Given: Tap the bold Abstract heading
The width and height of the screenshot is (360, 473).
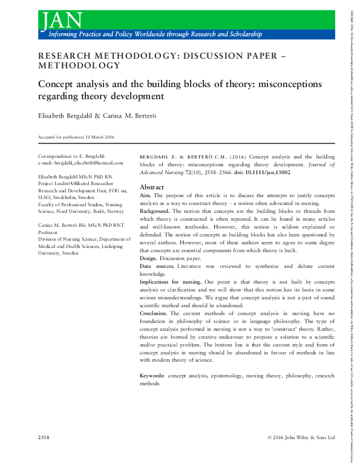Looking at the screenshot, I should click(152, 187).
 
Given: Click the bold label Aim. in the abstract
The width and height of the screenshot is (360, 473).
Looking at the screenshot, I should click(146, 195).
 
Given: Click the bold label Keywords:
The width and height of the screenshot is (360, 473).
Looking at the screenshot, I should click(152, 376).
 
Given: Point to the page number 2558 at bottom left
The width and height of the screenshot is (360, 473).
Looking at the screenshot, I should click(44, 437).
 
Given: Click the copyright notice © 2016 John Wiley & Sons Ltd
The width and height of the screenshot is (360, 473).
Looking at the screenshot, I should click(301, 437).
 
